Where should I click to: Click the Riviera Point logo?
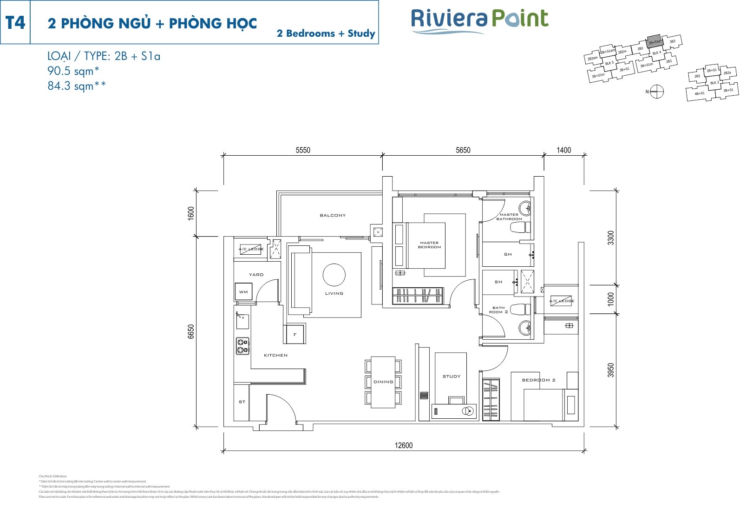coord(479,21)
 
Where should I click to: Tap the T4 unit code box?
coord(15,22)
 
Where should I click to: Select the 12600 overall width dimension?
coord(403,445)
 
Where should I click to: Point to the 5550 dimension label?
coord(303,150)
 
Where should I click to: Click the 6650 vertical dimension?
coord(191,331)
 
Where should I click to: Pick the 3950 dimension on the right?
coord(611,370)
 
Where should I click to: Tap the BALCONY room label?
coord(333,215)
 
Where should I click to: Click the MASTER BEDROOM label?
coord(429,245)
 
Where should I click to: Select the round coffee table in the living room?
coord(334,275)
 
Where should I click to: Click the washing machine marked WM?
coord(243,292)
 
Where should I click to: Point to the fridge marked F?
coord(295,334)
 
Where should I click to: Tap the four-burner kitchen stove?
coord(242,346)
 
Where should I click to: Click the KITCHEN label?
coord(275,355)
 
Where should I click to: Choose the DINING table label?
coord(383,382)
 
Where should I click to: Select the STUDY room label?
coord(452,376)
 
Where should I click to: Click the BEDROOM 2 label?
coord(538,380)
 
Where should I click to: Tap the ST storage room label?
coord(242,402)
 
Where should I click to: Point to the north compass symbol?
coord(657,92)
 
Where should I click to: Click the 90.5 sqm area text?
coord(73,71)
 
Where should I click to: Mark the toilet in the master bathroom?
coord(520,228)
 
